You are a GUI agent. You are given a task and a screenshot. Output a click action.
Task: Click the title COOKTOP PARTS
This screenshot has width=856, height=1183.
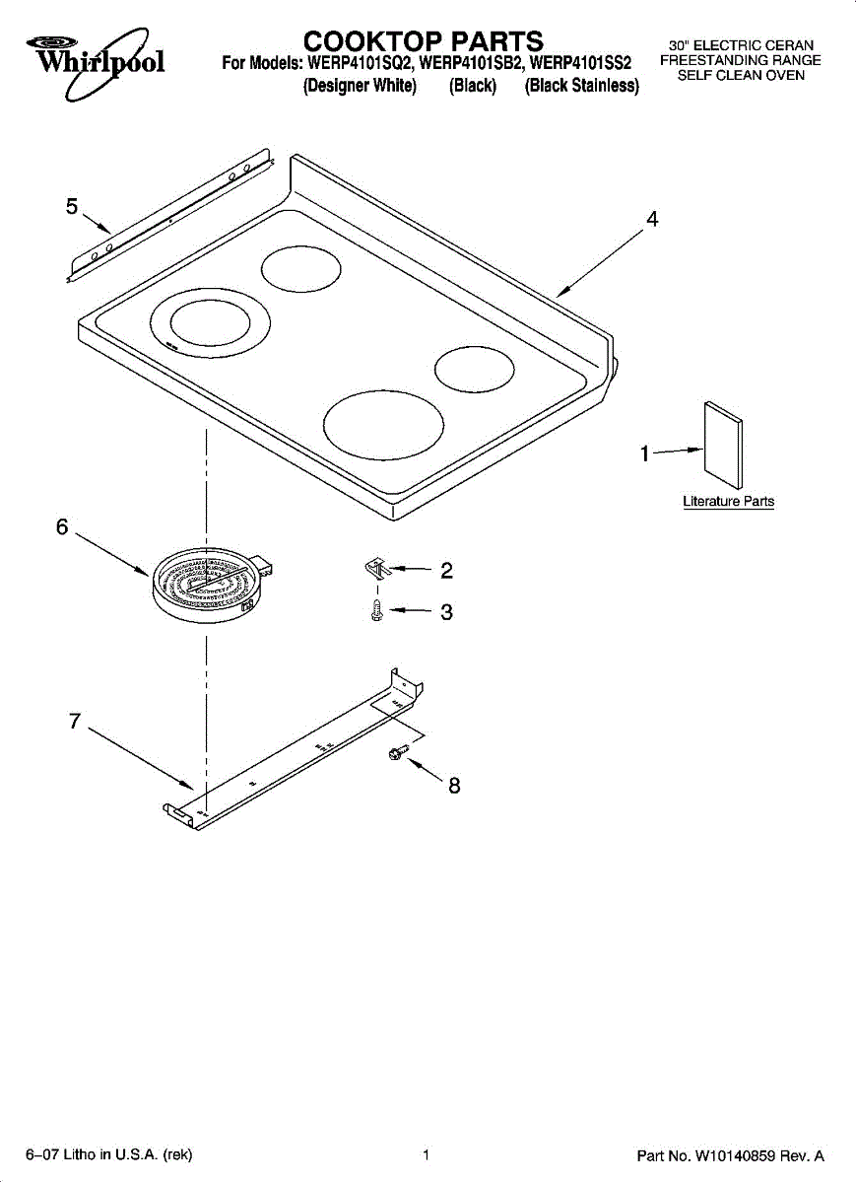click(x=424, y=41)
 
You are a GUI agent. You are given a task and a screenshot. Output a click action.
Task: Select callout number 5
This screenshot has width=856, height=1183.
click(x=72, y=206)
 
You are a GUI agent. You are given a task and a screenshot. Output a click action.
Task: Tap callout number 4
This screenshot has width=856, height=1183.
click(x=651, y=220)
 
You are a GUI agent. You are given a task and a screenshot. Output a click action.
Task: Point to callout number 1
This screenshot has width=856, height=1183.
click(x=645, y=453)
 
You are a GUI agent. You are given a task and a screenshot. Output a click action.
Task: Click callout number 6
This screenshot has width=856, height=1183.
click(x=62, y=527)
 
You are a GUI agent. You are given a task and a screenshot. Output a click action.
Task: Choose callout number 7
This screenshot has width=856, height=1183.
click(x=75, y=721)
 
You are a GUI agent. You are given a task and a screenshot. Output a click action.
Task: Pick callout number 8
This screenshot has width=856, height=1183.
click(x=454, y=786)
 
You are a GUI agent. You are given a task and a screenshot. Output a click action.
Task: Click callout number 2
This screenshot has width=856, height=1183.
click(x=446, y=570)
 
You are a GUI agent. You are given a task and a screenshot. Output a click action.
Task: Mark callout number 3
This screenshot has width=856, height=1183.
click(x=446, y=612)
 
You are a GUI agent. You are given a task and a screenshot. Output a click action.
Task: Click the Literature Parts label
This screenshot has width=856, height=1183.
click(x=728, y=502)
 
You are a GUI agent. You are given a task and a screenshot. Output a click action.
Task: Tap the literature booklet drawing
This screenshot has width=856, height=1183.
click(x=723, y=444)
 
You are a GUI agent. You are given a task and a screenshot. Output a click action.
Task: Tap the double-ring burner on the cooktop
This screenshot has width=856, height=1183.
click(x=211, y=324)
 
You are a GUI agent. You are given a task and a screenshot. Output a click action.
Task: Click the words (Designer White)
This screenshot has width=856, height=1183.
click(x=360, y=87)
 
